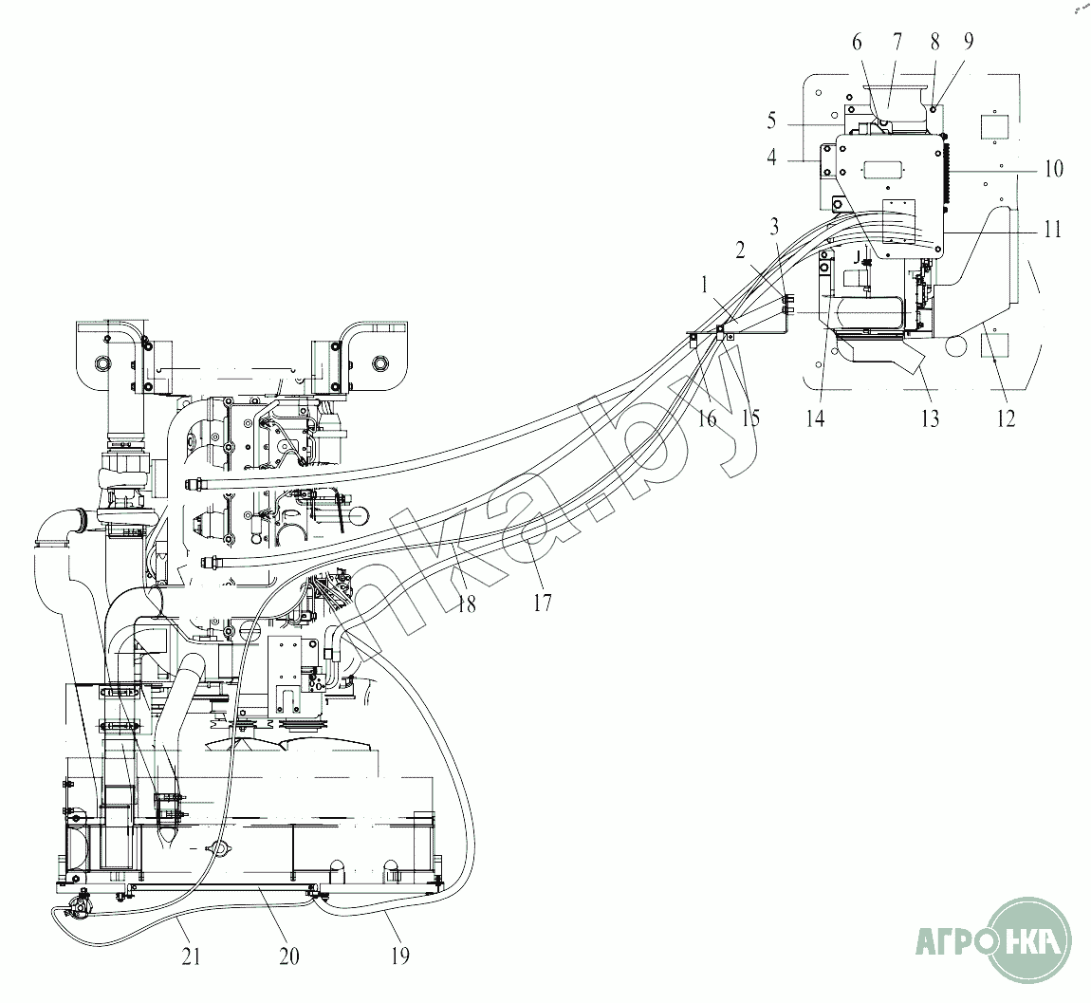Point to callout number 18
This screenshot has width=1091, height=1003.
tap(466, 604)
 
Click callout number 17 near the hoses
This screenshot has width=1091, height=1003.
tap(542, 602)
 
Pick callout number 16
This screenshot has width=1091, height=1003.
tap(707, 418)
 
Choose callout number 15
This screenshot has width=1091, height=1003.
tap(750, 418)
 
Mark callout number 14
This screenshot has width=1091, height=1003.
tap(816, 418)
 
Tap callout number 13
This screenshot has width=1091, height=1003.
tap(931, 418)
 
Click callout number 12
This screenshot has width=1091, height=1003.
tap(1007, 418)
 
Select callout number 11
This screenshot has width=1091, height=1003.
tap(1052, 229)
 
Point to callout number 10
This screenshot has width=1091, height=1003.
tap(1053, 168)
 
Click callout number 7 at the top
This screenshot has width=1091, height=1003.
tap(897, 42)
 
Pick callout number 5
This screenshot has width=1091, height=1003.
tap(771, 121)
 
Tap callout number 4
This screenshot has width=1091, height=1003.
tap(771, 158)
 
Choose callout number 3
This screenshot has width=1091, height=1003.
tap(774, 226)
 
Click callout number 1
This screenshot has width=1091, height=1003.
tap(705, 285)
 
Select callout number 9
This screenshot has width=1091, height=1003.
tap(969, 42)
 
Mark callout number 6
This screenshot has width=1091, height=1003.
tap(857, 43)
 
